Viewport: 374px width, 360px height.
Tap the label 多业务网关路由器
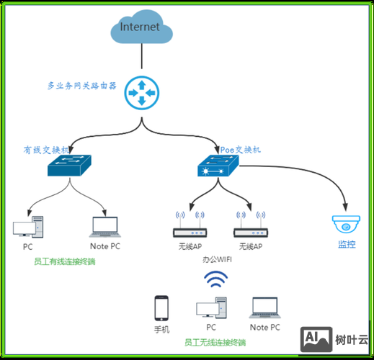coord(81,85)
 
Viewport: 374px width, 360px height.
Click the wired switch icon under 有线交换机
coord(69,168)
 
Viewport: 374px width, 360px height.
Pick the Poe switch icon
coord(218,168)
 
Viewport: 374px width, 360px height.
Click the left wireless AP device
coord(190,232)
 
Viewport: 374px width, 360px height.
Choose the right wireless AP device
coord(251,232)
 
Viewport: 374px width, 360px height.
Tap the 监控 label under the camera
coord(347,244)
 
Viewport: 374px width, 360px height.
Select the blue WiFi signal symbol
coord(214,280)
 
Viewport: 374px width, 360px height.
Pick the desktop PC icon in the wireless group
coord(210,310)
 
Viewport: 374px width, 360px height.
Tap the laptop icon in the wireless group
coord(264,310)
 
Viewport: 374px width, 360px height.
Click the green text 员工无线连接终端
coord(215,342)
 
